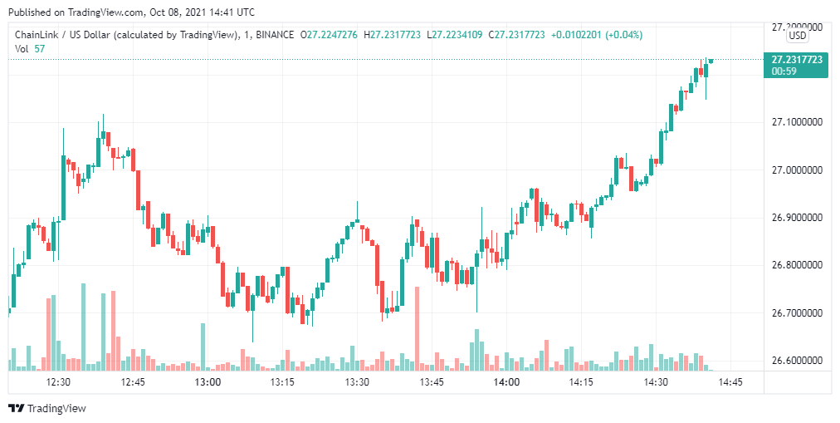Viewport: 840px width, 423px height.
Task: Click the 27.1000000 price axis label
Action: coord(797,122)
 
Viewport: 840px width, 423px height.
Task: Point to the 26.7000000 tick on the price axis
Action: coord(797,313)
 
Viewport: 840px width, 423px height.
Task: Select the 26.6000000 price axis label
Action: coord(797,361)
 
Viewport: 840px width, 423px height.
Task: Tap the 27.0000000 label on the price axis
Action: coord(797,170)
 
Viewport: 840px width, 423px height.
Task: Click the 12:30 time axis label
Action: coord(58,382)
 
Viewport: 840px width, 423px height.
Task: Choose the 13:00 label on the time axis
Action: coord(208,382)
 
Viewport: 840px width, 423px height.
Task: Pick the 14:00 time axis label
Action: coord(506,382)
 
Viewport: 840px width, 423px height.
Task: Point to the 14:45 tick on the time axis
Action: coord(730,382)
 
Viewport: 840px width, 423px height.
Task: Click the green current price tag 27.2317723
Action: coord(797,60)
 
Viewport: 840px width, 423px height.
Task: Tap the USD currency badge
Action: coord(798,36)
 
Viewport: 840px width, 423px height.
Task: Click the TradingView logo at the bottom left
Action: coord(47,408)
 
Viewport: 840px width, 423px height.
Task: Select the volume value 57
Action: coord(41,49)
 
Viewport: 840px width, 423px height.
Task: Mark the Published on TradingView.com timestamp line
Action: coord(132,12)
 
